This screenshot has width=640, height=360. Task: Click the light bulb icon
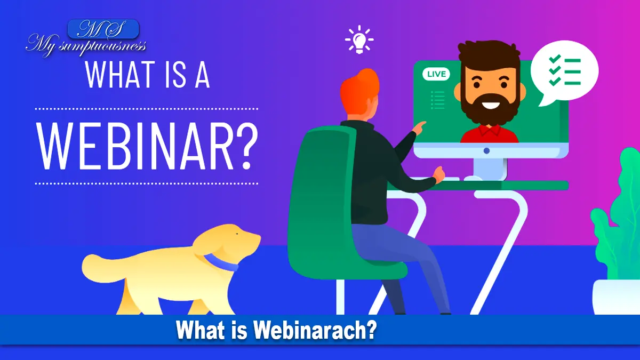(x=359, y=40)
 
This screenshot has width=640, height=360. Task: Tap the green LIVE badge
(x=436, y=74)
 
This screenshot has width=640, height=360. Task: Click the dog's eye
(x=237, y=234)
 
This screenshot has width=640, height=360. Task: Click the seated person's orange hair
(x=359, y=91)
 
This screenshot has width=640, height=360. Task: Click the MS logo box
(x=103, y=29)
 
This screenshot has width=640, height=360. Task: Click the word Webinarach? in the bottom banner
(x=315, y=330)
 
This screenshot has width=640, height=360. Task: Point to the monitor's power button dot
(x=486, y=150)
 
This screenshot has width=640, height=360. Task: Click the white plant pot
(x=617, y=297)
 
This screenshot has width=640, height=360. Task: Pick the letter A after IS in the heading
(x=202, y=75)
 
